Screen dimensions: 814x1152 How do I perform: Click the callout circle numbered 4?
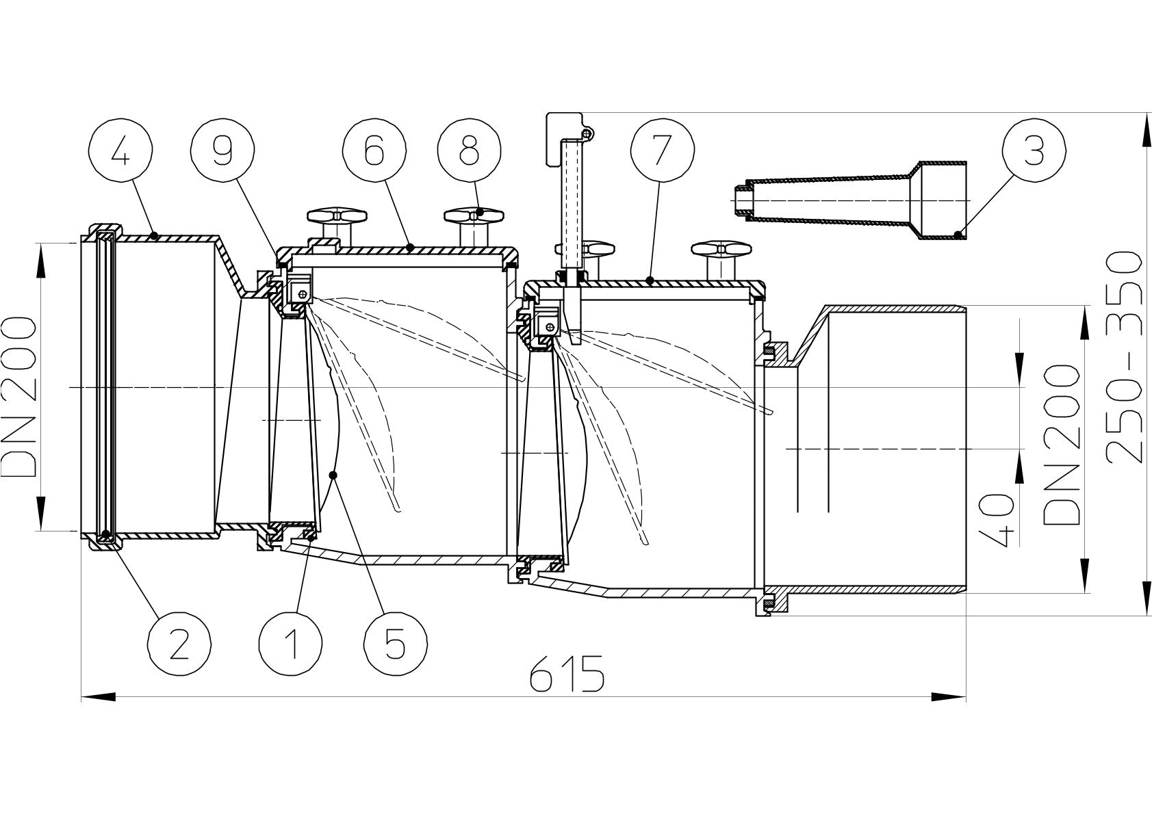click(120, 153)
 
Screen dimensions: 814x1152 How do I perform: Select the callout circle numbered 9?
click(222, 153)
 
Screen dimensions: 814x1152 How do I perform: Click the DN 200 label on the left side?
click(19, 395)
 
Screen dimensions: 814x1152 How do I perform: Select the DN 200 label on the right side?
click(1062, 445)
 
